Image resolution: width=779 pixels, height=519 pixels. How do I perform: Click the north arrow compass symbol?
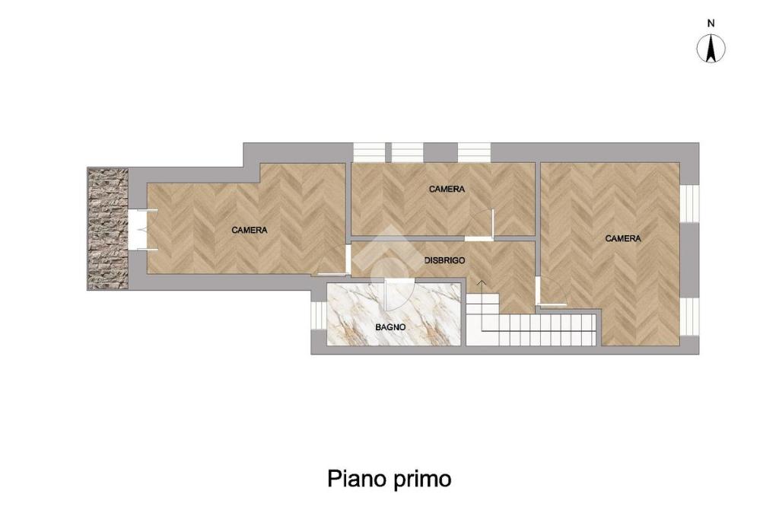click(x=711, y=49)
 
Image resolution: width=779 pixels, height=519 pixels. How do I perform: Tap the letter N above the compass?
click(x=711, y=24)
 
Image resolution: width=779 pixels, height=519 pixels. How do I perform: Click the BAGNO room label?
click(x=390, y=327)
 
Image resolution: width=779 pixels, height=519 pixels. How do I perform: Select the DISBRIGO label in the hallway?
click(x=444, y=260)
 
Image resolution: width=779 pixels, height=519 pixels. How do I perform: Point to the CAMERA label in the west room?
click(x=250, y=230)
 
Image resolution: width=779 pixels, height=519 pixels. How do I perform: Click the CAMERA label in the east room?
click(x=623, y=239)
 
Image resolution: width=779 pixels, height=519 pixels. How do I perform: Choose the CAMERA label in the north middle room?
click(x=447, y=189)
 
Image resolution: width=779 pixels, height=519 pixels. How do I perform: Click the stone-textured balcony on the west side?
click(x=108, y=229)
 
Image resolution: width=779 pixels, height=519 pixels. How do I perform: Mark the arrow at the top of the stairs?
click(x=481, y=284)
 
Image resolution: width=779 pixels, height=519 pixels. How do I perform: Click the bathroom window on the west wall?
click(x=317, y=315)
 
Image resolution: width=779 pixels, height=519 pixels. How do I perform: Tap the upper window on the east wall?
click(x=689, y=203)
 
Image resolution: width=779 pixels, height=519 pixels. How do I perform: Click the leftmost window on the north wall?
click(x=369, y=152)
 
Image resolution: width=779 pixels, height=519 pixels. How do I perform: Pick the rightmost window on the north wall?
click(x=474, y=152)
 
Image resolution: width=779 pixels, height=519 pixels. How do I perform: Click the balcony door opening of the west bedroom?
click(x=138, y=230)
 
